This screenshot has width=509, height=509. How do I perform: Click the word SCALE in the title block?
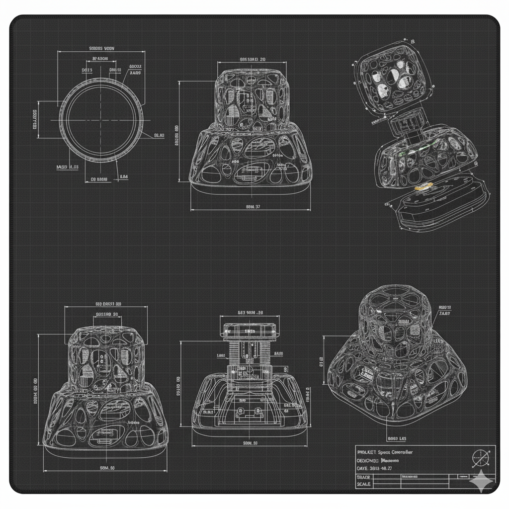pos(364,484)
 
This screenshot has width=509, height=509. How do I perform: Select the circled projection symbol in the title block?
pos(480,455)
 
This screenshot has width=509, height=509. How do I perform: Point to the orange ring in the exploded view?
pos(424,187)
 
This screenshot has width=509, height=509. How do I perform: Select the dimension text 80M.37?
pos(253,206)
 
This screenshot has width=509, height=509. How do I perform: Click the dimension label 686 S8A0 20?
pos(252,59)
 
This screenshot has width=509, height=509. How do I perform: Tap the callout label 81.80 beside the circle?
pos(159,135)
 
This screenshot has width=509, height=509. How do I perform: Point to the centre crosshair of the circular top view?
pos(102,120)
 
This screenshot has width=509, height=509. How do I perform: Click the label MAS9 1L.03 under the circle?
pos(68,167)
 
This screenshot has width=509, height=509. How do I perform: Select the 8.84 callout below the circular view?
pos(124,176)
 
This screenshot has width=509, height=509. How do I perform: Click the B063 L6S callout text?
pos(397,439)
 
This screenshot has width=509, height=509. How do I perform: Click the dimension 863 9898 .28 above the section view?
pos(250,313)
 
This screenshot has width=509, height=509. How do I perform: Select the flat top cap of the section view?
pos(250,329)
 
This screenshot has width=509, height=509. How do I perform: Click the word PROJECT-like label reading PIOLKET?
pos(367,452)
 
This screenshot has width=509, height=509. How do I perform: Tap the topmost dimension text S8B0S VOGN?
pos(101,49)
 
